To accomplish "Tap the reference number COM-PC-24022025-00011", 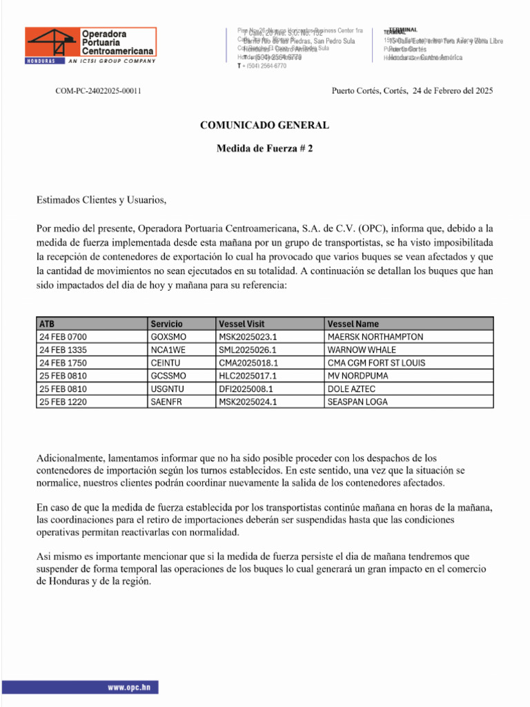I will point(99,90).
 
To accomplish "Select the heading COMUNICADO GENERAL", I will point(264,125).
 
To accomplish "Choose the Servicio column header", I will point(166,323).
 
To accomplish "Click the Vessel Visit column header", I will point(242,323).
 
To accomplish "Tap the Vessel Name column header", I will point(353,323).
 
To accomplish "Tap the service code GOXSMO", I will point(168,336).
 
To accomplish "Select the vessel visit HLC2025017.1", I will point(248,376).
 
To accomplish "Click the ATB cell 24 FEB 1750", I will point(63,362).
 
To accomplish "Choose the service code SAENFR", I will point(166,402).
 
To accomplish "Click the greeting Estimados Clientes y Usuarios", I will point(101,200).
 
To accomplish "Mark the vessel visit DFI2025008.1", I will point(247,389).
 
